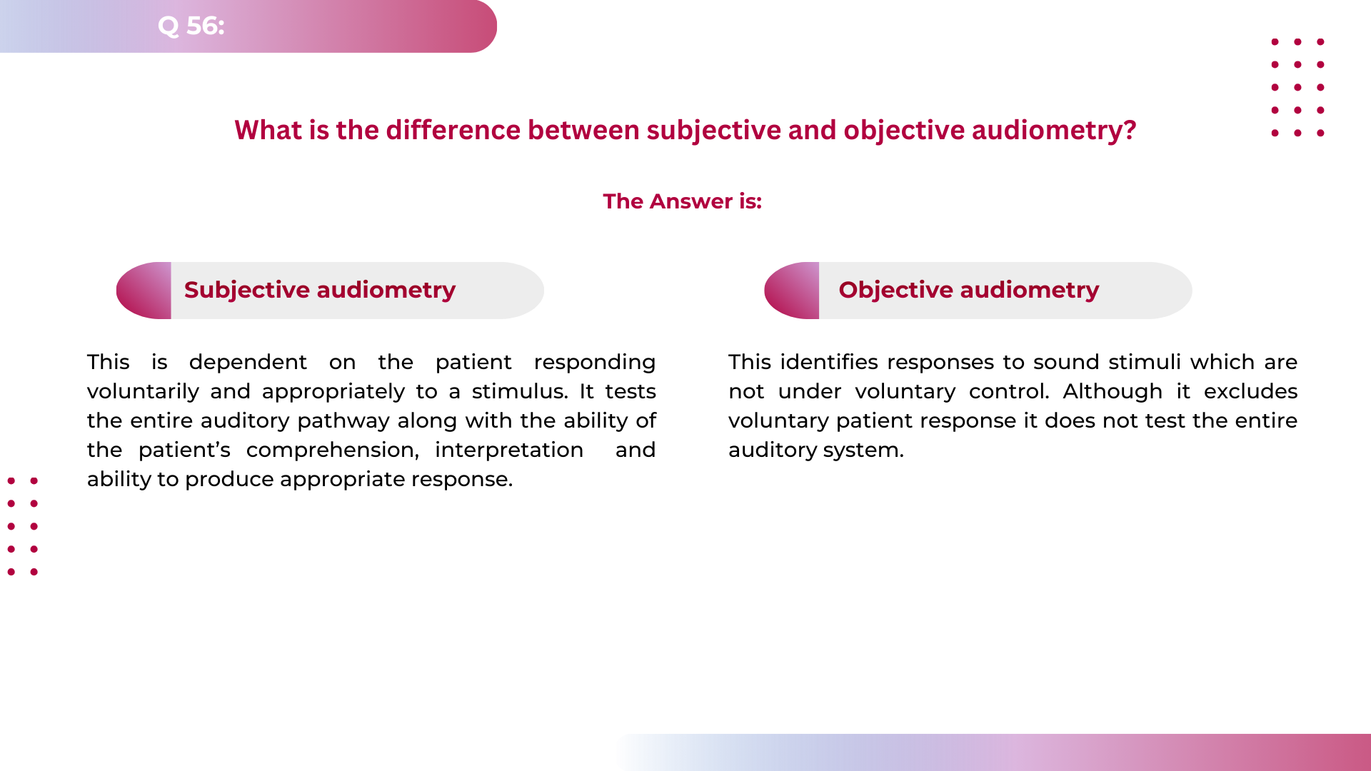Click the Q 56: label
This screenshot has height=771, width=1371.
[191, 26]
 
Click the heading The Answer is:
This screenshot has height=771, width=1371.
[682, 201]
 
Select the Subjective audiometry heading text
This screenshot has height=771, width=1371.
[320, 290]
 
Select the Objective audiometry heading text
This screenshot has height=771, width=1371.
[969, 290]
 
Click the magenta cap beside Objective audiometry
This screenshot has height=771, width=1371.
[793, 291]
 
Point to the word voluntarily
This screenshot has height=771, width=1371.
[143, 392]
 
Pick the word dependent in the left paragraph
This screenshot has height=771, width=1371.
[248, 363]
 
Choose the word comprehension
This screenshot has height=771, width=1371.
[332, 450]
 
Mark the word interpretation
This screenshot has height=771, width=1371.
[509, 450]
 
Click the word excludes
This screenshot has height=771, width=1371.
[1250, 391]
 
